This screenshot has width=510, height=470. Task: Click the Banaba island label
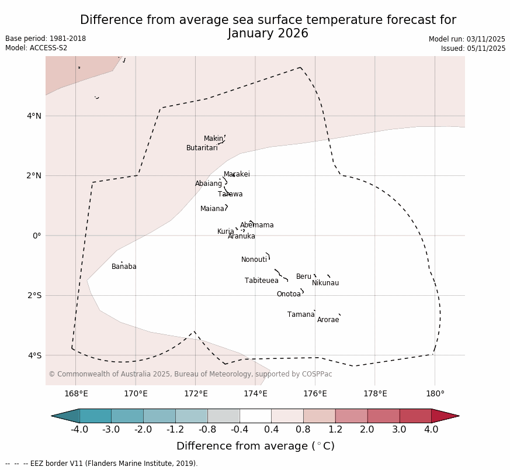click(x=124, y=267)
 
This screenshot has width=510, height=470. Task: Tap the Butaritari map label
click(x=202, y=148)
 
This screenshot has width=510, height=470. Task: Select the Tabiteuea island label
click(x=261, y=281)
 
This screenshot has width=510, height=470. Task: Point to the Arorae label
click(x=328, y=320)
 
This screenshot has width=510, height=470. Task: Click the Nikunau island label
click(x=325, y=284)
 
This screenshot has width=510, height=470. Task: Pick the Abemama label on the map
click(x=256, y=226)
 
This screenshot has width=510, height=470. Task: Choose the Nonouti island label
click(x=254, y=260)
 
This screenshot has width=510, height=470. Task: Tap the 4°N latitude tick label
click(x=34, y=116)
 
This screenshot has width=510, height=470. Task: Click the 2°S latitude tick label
click(x=34, y=296)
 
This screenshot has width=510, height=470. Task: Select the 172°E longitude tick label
click(x=196, y=394)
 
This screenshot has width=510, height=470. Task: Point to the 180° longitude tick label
click(x=435, y=394)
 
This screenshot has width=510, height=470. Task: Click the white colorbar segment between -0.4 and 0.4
click(x=255, y=416)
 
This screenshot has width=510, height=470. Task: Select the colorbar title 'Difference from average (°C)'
click(x=255, y=447)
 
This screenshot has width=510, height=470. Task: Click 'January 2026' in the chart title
click(x=268, y=34)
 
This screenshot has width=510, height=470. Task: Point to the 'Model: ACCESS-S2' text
click(x=36, y=49)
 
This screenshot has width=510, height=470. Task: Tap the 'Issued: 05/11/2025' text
click(x=473, y=49)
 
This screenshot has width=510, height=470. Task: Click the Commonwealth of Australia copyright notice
click(x=190, y=375)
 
